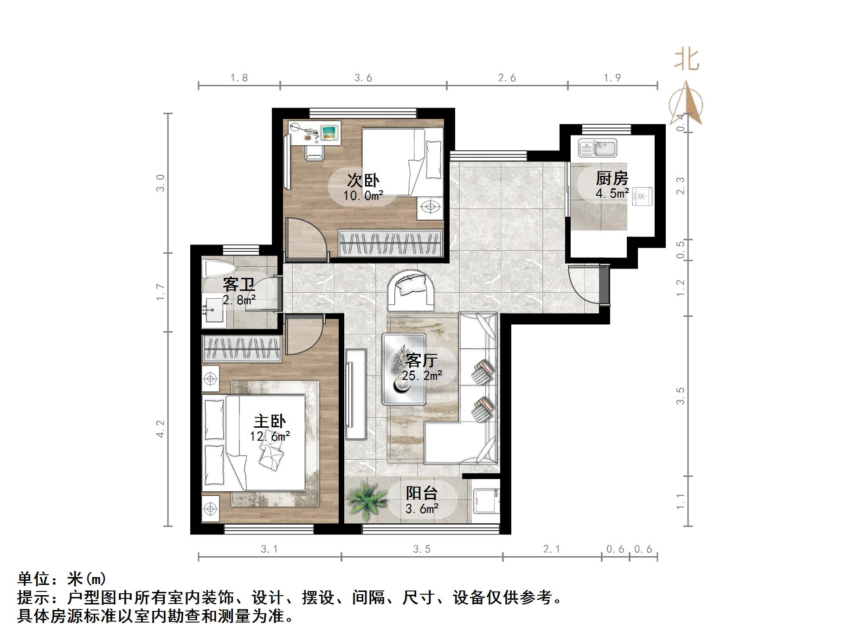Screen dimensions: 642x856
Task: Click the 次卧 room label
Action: (363, 180)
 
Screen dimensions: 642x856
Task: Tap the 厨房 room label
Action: (612, 178)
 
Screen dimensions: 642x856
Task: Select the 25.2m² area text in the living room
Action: (422, 375)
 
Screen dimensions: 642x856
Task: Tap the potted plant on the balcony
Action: (367, 499)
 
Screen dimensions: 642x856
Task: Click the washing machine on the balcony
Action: (485, 501)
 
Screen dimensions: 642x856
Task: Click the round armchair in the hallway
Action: (411, 290)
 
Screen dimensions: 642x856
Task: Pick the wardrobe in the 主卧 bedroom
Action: (242, 349)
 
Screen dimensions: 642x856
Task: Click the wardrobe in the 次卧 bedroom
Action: (390, 243)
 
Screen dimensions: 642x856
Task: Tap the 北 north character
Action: (686, 60)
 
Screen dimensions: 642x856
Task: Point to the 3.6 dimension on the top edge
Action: (363, 78)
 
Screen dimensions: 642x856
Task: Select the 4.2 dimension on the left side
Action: (160, 429)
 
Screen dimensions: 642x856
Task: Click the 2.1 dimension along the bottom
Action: (552, 549)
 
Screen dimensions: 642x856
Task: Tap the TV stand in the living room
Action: (356, 394)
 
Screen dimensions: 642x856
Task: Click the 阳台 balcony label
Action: (421, 493)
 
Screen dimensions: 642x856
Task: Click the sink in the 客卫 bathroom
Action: (214, 310)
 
